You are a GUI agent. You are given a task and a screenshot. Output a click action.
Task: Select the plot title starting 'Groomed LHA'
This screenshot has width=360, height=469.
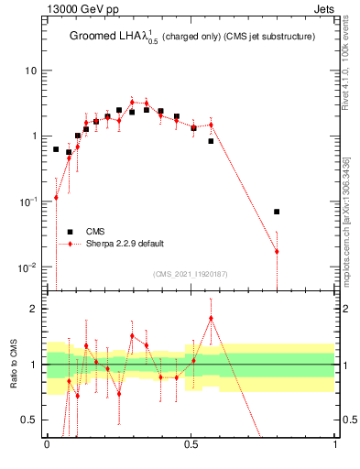point(192,38)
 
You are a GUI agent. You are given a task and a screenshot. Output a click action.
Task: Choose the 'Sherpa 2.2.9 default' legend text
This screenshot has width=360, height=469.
point(125,244)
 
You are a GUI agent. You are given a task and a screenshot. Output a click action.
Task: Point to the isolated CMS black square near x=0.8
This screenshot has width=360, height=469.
point(277,212)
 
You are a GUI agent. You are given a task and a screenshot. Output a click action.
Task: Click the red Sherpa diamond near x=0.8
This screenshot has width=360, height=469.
point(277,251)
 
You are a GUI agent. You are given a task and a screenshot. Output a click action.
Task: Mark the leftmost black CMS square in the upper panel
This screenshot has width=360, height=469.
point(56,149)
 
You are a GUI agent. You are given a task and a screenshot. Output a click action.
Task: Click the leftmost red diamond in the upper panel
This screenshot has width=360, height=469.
point(56,197)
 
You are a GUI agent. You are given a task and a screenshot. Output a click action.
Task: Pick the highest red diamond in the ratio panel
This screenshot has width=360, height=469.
point(211,319)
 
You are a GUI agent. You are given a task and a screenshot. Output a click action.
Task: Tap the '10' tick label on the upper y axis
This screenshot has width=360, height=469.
point(31,71)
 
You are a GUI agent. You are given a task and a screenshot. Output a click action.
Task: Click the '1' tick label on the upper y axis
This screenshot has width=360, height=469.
point(35,136)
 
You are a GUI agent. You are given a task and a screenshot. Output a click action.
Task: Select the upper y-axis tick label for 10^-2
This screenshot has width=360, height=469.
point(30,267)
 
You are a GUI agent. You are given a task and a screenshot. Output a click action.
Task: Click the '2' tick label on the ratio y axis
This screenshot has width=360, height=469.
point(35,309)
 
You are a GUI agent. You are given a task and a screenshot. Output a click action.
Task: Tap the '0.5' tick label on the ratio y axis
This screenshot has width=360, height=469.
point(31,420)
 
